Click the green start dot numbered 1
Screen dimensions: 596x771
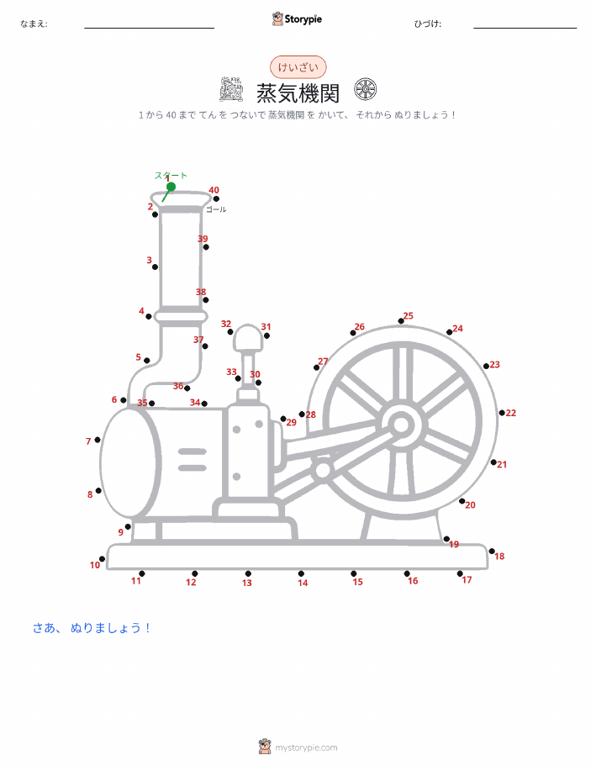point(171,187)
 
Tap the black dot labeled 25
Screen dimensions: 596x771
point(401,321)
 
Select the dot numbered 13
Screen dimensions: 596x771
point(248,573)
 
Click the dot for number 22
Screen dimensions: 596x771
point(502,413)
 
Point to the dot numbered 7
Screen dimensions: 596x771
point(98,440)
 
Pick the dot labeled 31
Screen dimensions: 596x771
point(266,335)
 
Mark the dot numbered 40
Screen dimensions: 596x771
point(216,198)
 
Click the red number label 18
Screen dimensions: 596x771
point(499,556)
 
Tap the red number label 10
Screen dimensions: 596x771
point(95,565)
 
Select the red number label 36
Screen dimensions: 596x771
point(178,386)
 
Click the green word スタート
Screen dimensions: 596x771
point(171,175)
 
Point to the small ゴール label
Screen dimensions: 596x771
point(216,209)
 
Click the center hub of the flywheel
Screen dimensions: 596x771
point(401,425)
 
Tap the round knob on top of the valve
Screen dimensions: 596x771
point(248,337)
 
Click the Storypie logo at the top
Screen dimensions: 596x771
point(297,19)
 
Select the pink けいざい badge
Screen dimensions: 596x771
point(298,67)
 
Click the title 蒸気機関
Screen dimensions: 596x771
point(298,93)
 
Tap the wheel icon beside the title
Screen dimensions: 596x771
point(366,90)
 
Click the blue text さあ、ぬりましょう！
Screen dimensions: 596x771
point(91,628)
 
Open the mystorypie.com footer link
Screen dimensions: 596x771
point(306,748)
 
